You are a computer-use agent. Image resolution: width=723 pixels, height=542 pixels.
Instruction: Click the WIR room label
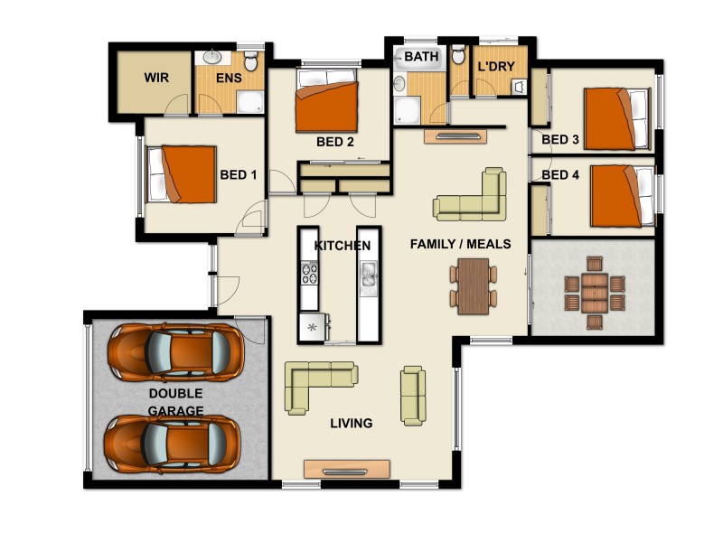tap(156, 78)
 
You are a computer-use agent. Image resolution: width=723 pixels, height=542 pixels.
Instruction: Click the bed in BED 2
tap(329, 107)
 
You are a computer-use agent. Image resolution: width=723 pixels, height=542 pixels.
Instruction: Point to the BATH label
tap(421, 57)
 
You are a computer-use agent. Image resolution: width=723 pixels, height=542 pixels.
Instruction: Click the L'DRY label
tap(495, 67)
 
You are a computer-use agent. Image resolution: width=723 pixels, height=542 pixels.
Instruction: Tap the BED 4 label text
tap(560, 174)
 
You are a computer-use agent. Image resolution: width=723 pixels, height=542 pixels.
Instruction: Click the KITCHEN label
tap(342, 246)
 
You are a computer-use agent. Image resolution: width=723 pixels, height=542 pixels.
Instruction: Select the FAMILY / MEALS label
tap(460, 244)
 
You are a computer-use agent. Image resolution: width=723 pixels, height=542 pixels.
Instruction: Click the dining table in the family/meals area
tap(473, 286)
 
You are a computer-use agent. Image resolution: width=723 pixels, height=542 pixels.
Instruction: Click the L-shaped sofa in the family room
tap(471, 199)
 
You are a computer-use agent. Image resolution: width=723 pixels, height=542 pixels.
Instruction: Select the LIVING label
tap(351, 423)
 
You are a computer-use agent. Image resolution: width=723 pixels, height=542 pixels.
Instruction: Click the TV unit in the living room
tap(347, 470)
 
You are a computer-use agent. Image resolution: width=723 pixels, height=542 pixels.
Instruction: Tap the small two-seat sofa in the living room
tap(413, 396)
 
